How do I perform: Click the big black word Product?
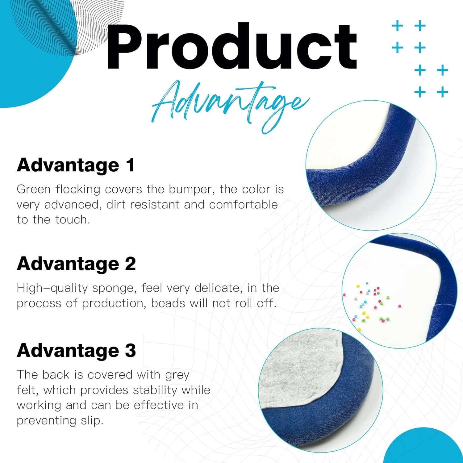[x=231, y=46]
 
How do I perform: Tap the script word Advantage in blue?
[x=231, y=106]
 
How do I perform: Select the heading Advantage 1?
[x=76, y=165]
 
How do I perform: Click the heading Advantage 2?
[x=77, y=264]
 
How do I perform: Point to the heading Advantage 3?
[x=77, y=351]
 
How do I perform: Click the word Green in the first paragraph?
[x=34, y=189]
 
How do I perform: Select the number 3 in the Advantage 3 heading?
[x=130, y=351]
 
